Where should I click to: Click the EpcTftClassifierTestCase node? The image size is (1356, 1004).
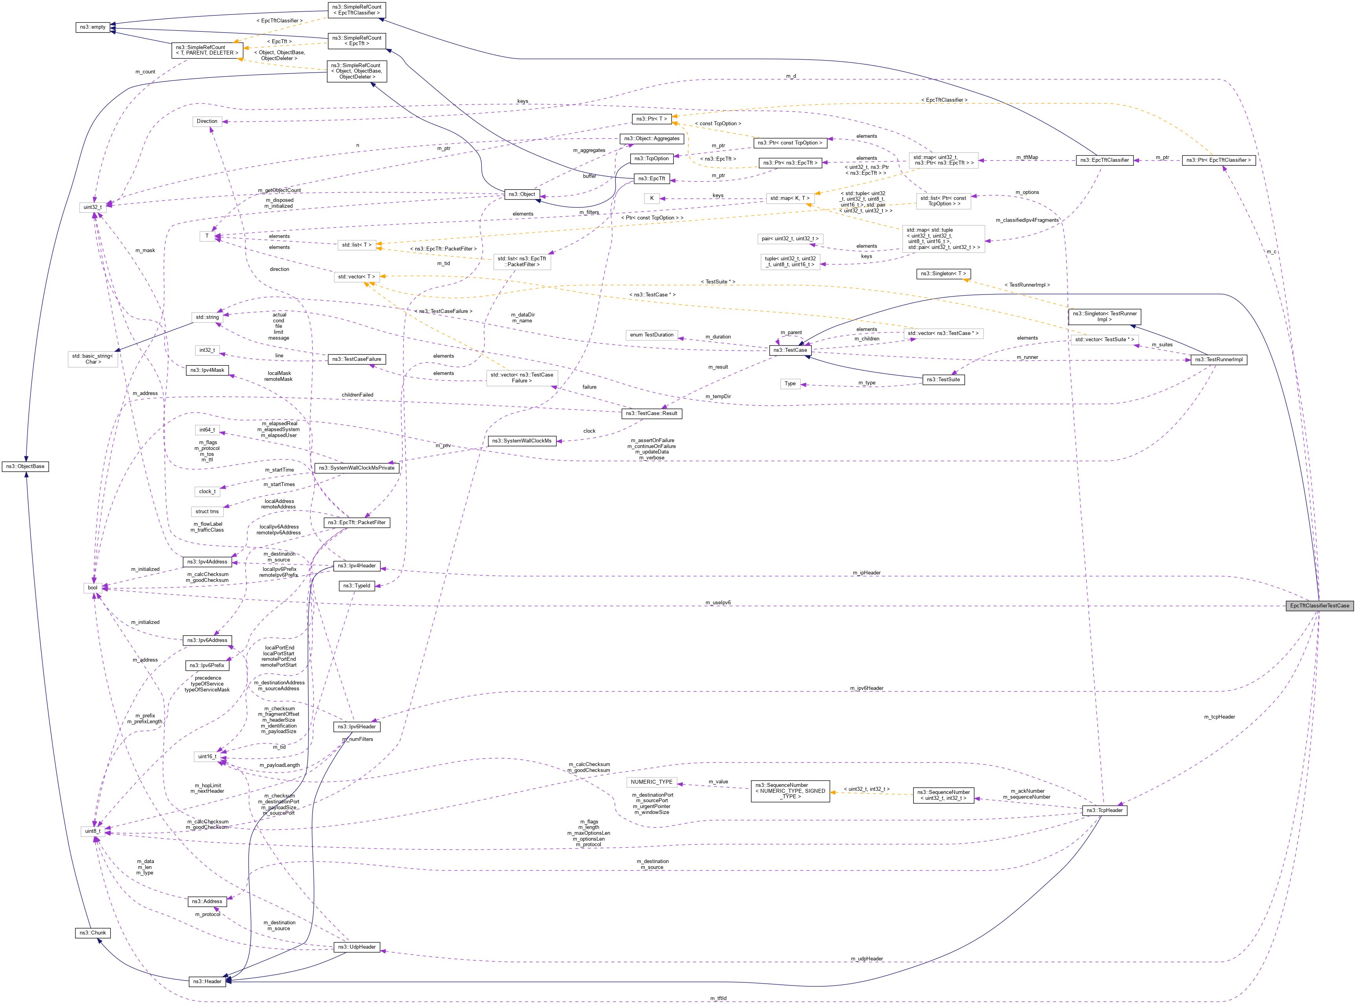coord(1319,605)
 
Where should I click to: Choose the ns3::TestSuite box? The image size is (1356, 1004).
coord(943,379)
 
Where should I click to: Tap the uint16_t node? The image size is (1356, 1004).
coord(207,757)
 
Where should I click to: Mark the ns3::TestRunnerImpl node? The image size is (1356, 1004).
coord(1218,359)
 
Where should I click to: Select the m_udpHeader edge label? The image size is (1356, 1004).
coord(866,958)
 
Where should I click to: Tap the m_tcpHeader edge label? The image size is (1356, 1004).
coord(1219,717)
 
